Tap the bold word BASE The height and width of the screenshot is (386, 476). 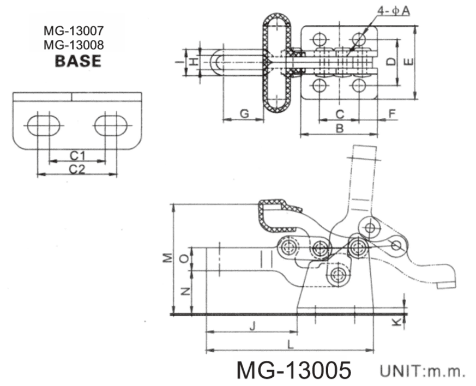pyautogui.click(x=78, y=61)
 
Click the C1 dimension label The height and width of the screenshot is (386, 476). pyautogui.click(x=77, y=155)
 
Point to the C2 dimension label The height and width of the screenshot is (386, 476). pyautogui.click(x=77, y=169)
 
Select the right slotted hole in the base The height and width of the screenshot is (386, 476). pyautogui.click(x=111, y=125)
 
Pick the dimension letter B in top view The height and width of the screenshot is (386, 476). pyautogui.click(x=339, y=129)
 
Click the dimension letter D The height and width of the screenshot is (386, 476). pyautogui.click(x=391, y=62)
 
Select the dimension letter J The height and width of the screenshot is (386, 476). pyautogui.click(x=251, y=327)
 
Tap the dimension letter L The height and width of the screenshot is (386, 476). pyautogui.click(x=290, y=345)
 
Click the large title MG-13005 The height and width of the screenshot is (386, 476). pyautogui.click(x=293, y=370)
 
